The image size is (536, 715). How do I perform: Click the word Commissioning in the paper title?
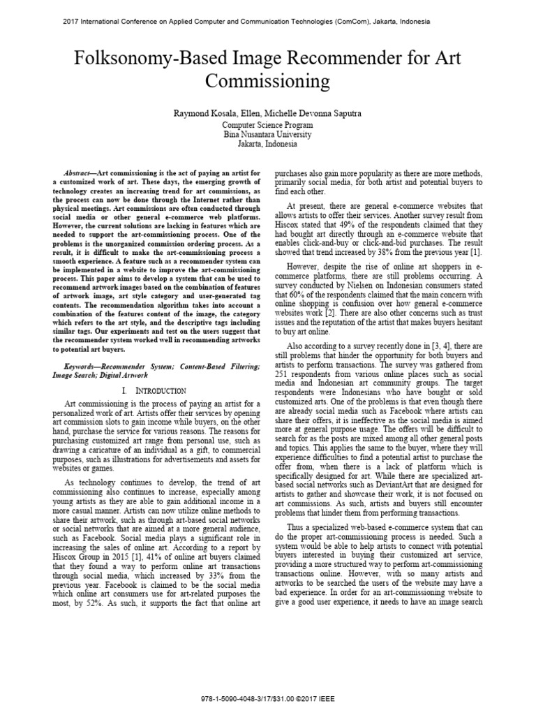(268, 82)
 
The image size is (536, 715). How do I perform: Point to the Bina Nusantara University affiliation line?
(268, 133)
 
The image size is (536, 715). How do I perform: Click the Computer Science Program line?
(268, 124)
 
